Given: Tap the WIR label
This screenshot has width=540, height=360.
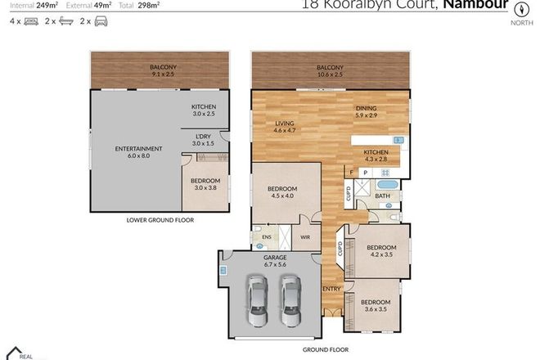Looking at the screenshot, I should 306,237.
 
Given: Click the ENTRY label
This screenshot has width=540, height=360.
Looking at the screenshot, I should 332,288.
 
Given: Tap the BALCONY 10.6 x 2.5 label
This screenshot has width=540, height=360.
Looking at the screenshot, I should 330,70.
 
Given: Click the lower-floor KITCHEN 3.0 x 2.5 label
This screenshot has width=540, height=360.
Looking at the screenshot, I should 204,110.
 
